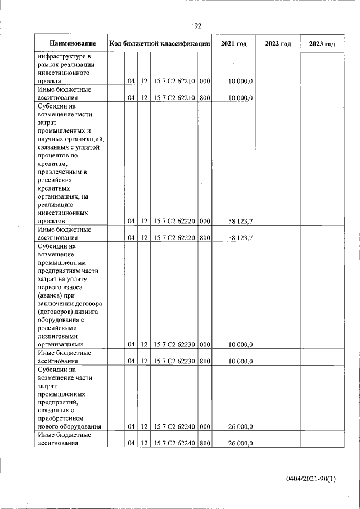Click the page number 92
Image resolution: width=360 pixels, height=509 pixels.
[197, 25]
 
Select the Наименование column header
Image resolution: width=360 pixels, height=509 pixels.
[72, 43]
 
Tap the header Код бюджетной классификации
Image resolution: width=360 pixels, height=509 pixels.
[160, 43]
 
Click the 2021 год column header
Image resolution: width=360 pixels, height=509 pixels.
[233, 43]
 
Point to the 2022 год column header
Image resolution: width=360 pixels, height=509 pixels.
[278, 43]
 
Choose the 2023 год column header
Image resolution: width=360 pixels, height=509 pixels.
[322, 43]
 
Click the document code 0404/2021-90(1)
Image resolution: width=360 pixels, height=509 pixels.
[310, 479]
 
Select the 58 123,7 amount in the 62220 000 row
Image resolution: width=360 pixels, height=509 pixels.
[241, 222]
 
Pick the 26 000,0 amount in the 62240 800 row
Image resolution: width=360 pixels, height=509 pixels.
[241, 443]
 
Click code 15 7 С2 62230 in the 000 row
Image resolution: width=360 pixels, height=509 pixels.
[174, 344]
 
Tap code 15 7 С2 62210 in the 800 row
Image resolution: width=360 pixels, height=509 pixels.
[174, 97]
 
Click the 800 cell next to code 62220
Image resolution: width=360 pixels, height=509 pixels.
[205, 238]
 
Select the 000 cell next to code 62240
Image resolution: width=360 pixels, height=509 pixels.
[205, 427]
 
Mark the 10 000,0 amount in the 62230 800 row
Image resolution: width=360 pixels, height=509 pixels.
[241, 361]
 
